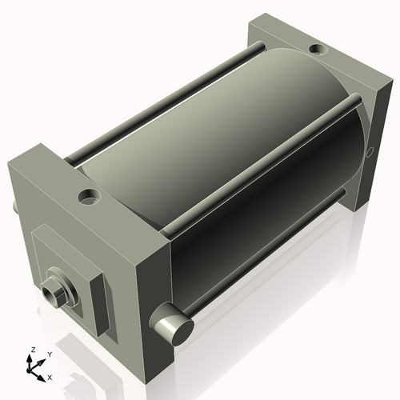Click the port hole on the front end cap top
pos(89,197)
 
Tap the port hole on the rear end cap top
pos(318,49)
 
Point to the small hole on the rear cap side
pos(370,152)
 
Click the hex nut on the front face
pos(54,292)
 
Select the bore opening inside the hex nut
pos(50,294)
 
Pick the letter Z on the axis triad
pos(33,350)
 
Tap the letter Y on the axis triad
pos(50,354)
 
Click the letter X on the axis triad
pos(50,378)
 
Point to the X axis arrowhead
pos(42,378)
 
